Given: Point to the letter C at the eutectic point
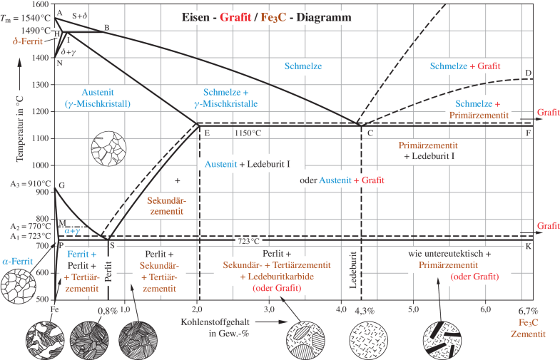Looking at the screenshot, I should (x=370, y=133).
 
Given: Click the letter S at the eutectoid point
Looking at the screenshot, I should (x=113, y=246).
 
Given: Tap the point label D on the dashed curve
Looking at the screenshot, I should (x=528, y=73).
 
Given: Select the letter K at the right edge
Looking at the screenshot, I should (x=528, y=246).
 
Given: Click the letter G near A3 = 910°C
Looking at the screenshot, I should (x=61, y=185).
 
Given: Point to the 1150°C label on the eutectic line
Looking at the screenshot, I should (x=248, y=133).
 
